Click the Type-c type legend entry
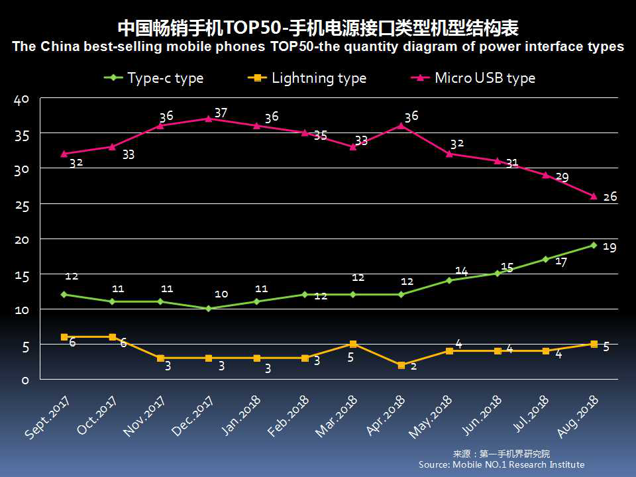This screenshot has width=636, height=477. click(154, 78)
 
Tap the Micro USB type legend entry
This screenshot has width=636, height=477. click(474, 78)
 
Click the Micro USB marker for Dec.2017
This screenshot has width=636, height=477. click(209, 119)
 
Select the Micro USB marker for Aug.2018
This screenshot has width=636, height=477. click(594, 196)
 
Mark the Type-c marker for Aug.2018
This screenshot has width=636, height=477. click(594, 245)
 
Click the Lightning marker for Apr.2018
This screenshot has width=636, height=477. click(401, 365)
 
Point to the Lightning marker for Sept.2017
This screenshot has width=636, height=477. click(64, 337)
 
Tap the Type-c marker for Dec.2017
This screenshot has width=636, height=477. click(209, 309)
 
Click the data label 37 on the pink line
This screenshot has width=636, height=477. click(221, 113)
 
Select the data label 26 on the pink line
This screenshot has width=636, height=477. click(610, 197)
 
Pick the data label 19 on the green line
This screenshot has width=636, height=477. click(610, 246)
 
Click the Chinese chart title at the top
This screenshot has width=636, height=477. click(317, 28)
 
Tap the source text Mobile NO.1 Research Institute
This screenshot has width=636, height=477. click(502, 465)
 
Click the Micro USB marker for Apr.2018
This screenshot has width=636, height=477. click(401, 126)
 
